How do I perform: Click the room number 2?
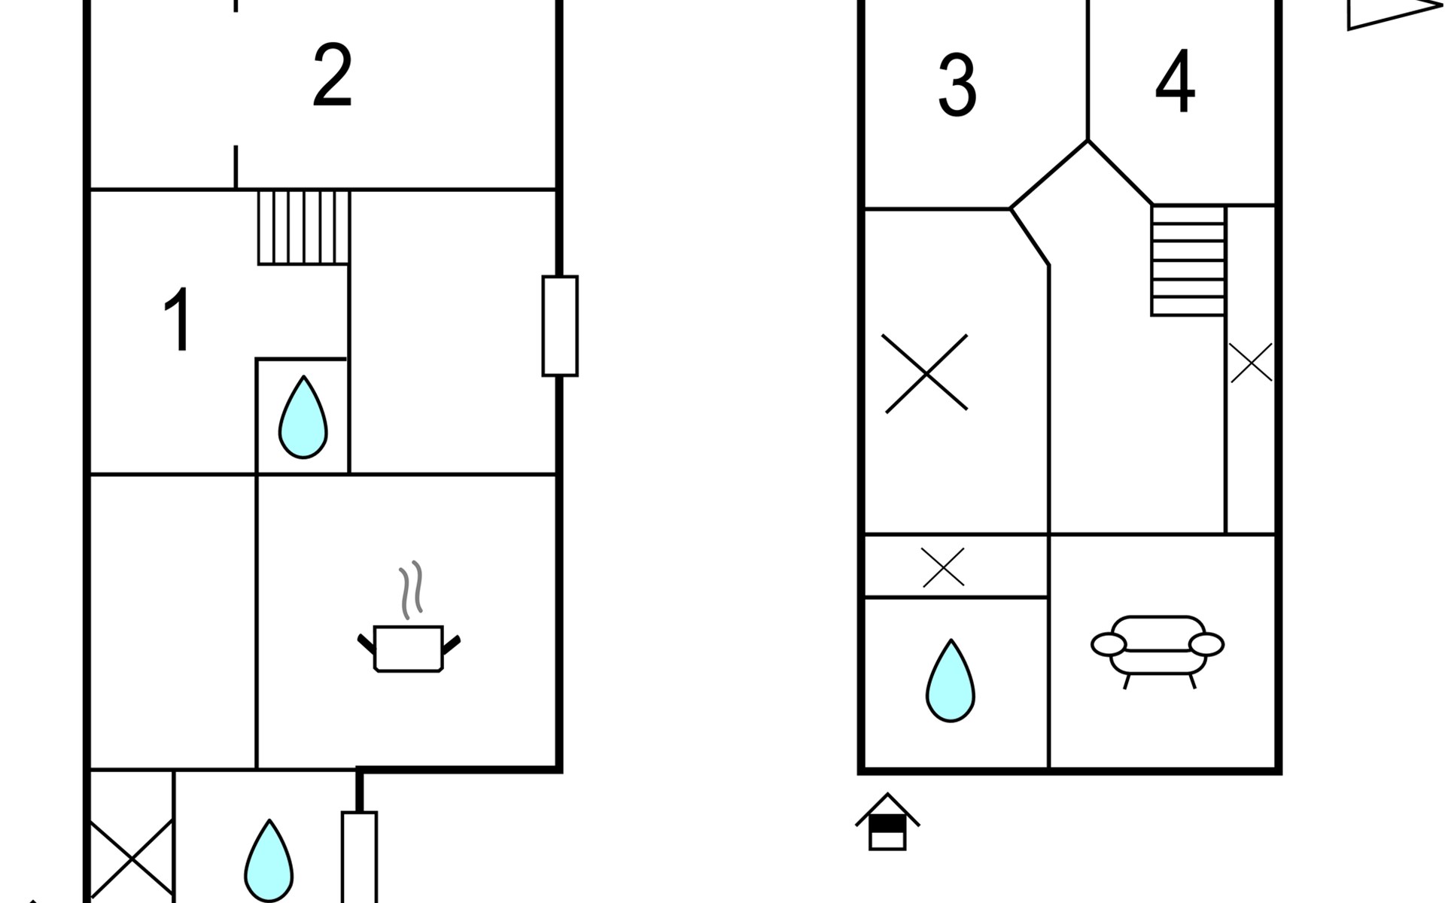click(332, 76)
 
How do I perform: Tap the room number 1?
click(178, 320)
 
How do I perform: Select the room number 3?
click(957, 86)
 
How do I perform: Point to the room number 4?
click(1175, 82)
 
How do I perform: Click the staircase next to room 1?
click(303, 227)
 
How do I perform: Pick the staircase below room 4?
click(1188, 260)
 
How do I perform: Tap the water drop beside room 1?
click(303, 418)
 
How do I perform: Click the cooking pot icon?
click(409, 648)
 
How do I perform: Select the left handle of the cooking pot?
click(366, 644)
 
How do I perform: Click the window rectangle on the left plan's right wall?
click(560, 326)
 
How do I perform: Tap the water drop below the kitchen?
click(269, 862)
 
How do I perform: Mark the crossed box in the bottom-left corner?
click(131, 858)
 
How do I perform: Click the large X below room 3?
click(926, 373)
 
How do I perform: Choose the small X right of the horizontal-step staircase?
click(1251, 363)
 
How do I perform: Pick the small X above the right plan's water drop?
click(943, 567)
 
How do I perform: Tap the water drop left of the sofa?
click(951, 682)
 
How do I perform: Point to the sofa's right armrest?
click(1206, 644)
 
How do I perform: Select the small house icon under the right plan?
click(887, 822)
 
